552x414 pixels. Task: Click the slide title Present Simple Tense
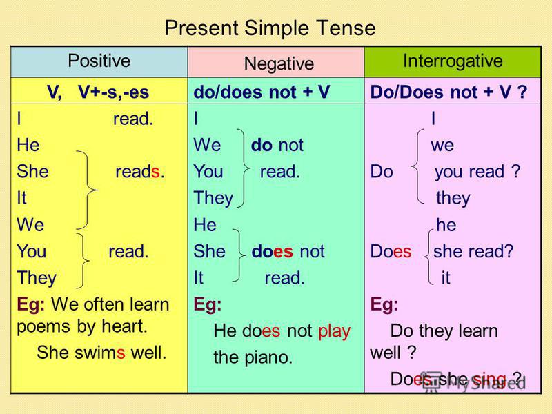[x=270, y=28]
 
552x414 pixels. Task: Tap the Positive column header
[x=99, y=61]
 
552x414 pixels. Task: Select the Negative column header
[x=279, y=63]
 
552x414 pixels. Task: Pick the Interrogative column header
[x=453, y=61]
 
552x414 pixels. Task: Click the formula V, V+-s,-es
[x=98, y=92]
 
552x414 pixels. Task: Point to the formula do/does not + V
[x=262, y=92]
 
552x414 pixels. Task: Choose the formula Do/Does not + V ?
[x=448, y=92]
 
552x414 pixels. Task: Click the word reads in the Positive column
[x=140, y=172]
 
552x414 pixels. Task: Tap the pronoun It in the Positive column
[x=21, y=198]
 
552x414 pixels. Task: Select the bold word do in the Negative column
[x=262, y=145]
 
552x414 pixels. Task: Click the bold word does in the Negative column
[x=272, y=251]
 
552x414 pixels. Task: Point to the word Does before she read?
[x=391, y=251]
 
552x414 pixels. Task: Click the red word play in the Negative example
[x=334, y=331]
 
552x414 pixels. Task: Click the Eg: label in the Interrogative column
[x=384, y=304]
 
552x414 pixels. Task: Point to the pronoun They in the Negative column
[x=213, y=198]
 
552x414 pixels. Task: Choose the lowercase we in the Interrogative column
[x=442, y=146]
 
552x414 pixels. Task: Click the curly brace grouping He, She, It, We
[x=88, y=190]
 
